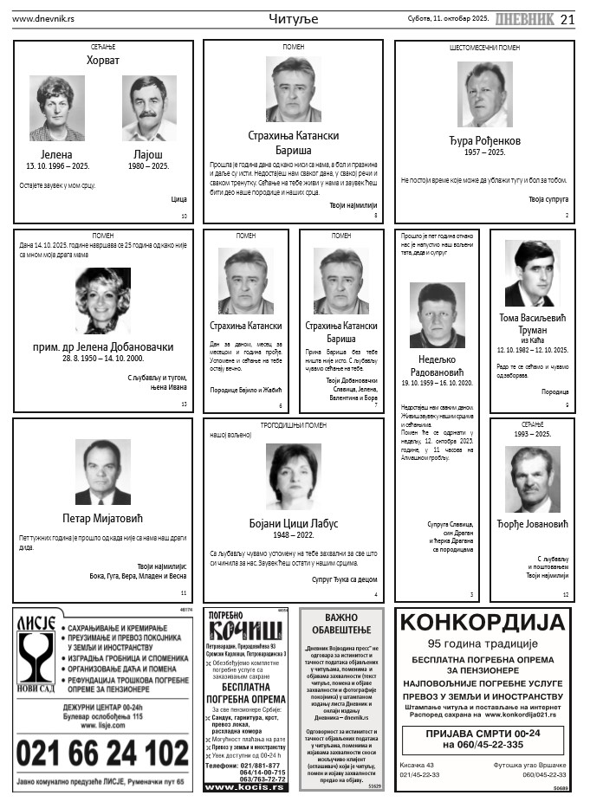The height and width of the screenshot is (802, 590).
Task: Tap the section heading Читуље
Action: tap(294, 19)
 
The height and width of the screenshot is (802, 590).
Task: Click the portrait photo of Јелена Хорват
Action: tap(57, 108)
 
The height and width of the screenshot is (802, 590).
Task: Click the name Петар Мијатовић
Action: tap(102, 519)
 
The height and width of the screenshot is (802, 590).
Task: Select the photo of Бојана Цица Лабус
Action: tap(294, 476)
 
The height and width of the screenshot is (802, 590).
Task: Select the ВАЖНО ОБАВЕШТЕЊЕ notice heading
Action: tap(341, 624)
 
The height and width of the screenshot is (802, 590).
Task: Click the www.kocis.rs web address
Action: tap(245, 786)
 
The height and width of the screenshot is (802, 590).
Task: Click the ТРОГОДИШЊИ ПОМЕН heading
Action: tap(294, 425)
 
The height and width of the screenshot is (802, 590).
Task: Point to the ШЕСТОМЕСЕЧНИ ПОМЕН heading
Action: tap(484, 48)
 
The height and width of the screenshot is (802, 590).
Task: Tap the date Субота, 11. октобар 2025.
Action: tap(448, 18)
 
